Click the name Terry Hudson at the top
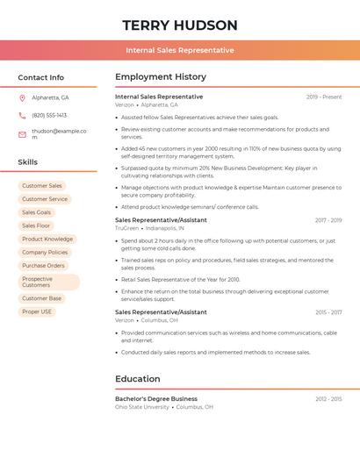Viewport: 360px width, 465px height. click(180, 25)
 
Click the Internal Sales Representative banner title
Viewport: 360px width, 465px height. click(180, 50)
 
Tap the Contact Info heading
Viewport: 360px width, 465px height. click(41, 77)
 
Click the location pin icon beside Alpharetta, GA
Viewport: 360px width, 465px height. click(22, 97)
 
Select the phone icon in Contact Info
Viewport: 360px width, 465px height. click(22, 115)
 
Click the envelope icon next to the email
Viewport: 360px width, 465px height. click(22, 134)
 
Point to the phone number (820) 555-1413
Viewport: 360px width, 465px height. click(49, 115)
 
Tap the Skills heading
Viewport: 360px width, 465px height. click(28, 162)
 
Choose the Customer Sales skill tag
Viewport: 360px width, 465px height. click(42, 186)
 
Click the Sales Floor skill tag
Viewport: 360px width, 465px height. click(36, 225)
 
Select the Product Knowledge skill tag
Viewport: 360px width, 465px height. click(47, 239)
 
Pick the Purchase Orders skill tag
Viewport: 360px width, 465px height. click(44, 265)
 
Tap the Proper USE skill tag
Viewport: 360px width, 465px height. click(37, 311)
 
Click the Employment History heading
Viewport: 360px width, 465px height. click(161, 77)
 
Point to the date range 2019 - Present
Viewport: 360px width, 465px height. click(324, 97)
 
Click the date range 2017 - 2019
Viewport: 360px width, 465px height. click(328, 220)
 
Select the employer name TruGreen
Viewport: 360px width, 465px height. click(126, 227)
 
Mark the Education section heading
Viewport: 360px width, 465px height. click(138, 379)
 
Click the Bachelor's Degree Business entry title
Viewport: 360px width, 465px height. click(156, 398)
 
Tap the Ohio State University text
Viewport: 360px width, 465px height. click(142, 407)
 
